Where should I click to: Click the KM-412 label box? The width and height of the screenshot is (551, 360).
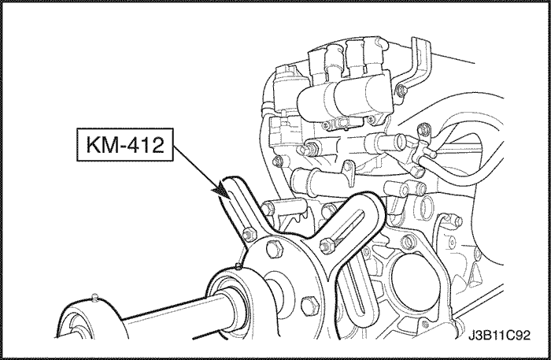[125, 144]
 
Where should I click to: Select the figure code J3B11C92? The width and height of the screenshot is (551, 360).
[499, 336]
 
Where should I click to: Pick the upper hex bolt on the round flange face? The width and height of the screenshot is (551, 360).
[275, 249]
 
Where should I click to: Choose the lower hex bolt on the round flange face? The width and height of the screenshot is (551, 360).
[309, 304]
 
